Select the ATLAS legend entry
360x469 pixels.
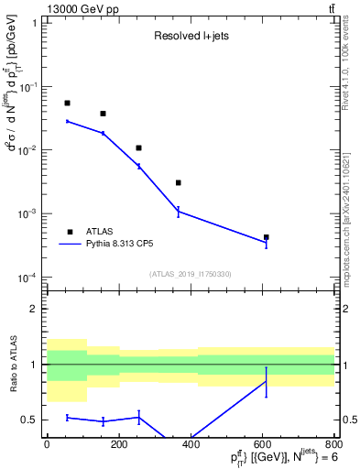tap(99, 233)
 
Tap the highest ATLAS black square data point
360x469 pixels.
tap(67, 104)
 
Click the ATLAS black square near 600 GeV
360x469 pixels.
tap(266, 237)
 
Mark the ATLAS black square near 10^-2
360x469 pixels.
tap(138, 147)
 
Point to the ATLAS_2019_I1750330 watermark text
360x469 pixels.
tap(191, 274)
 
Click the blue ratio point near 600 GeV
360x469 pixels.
tap(266, 382)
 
